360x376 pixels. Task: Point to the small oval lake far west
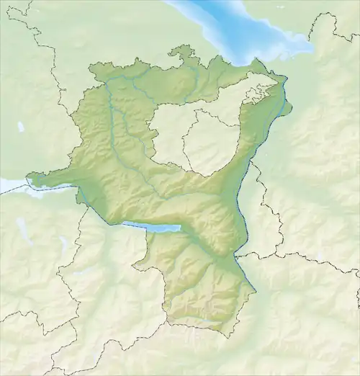click(x=21, y=127)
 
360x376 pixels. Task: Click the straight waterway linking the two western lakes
click(x=94, y=205)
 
